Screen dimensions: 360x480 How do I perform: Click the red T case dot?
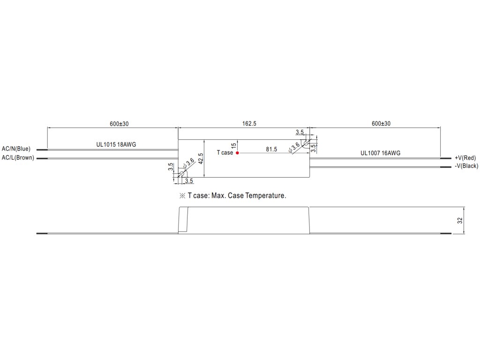[x=237, y=153]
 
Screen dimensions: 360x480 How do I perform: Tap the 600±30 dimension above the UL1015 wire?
[x=119, y=124]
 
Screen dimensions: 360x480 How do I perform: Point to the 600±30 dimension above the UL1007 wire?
[x=381, y=124]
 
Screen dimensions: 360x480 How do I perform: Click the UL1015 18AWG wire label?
[x=116, y=145]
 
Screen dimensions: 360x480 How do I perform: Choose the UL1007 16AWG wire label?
[x=380, y=153]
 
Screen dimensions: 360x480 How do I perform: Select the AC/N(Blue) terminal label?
[x=16, y=149]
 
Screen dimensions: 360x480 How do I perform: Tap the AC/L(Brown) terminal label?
[x=18, y=157]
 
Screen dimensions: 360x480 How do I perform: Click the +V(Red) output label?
[x=465, y=158]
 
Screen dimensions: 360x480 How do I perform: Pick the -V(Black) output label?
[x=466, y=166]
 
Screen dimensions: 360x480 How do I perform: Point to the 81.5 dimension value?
[x=271, y=150]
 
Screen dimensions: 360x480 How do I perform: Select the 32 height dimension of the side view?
[x=460, y=220]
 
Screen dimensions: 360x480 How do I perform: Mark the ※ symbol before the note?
[x=182, y=195]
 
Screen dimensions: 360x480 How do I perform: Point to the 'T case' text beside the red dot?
[x=225, y=153]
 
